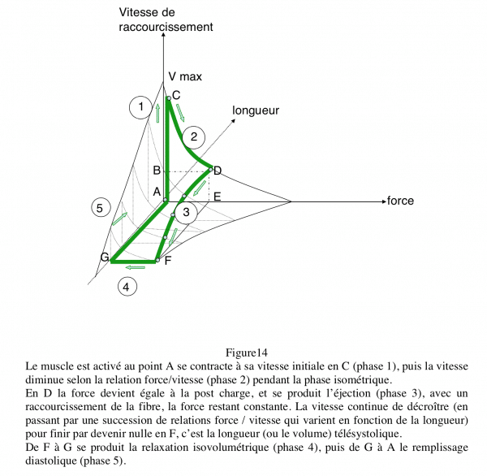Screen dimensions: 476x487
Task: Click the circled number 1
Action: (x=140, y=106)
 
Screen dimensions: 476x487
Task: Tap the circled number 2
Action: (x=194, y=136)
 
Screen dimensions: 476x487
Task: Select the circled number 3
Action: (x=186, y=213)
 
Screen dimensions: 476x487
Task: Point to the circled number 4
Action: (x=127, y=286)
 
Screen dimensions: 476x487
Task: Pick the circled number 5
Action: (x=99, y=208)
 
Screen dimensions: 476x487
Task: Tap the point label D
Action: (x=218, y=170)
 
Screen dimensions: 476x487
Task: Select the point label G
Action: (x=105, y=257)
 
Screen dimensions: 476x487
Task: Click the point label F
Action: (x=168, y=261)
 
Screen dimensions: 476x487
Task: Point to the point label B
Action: (x=157, y=171)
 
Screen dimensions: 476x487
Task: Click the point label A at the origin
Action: (x=157, y=192)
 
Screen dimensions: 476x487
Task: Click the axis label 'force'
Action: (x=400, y=201)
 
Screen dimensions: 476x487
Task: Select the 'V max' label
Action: (x=185, y=76)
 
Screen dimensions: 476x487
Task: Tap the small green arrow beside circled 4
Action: (x=136, y=266)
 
